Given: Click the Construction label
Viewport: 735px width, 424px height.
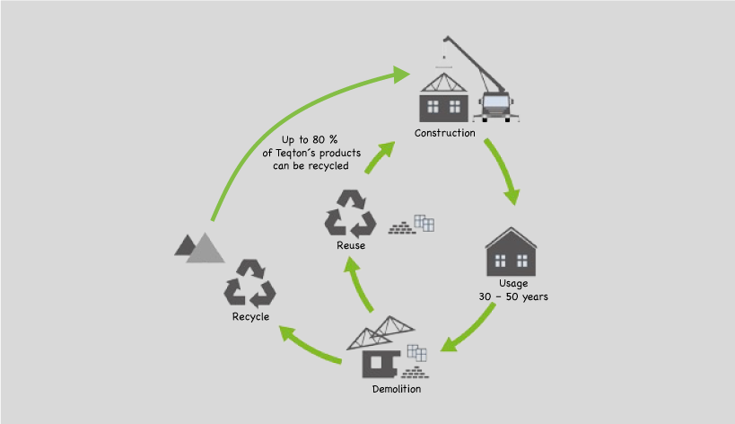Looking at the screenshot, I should click(444, 133).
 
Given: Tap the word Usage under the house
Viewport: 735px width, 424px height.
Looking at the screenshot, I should click(512, 283).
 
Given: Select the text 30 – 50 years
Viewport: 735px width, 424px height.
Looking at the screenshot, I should click(512, 296).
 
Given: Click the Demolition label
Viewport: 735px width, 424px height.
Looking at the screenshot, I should click(396, 389).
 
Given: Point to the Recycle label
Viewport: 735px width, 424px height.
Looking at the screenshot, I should click(250, 316).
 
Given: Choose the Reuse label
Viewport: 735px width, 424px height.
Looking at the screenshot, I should click(351, 246).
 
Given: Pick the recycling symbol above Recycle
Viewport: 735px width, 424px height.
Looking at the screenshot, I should click(249, 283).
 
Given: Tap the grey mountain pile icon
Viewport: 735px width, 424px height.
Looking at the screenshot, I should click(199, 247).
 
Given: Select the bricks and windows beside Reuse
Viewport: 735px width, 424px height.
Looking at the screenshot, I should click(412, 225).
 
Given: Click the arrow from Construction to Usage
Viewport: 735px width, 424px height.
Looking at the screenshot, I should click(501, 171).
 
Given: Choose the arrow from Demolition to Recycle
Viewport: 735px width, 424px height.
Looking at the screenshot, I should click(310, 347).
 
